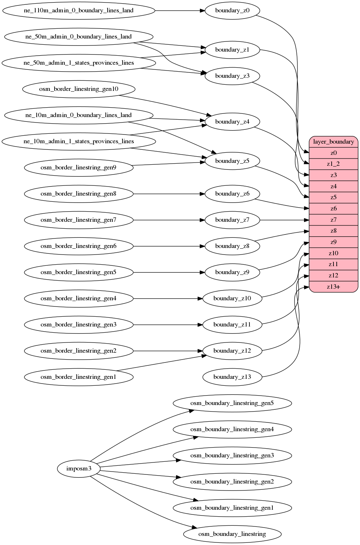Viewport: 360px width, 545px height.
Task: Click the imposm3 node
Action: [x=79, y=469]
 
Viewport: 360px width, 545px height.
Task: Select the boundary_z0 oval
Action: [x=232, y=11]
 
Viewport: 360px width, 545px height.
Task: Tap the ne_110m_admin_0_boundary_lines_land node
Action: [x=79, y=11]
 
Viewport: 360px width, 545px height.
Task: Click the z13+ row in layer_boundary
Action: [x=333, y=287]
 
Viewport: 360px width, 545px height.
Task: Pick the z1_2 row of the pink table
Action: [x=333, y=164]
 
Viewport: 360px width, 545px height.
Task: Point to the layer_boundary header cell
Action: [x=333, y=142]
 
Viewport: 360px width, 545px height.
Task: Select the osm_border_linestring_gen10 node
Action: [x=79, y=89]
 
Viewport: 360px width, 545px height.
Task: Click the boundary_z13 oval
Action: [x=232, y=377]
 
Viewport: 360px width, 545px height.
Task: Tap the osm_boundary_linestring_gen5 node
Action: [x=232, y=403]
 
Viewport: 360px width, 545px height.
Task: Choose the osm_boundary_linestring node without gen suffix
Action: [x=232, y=534]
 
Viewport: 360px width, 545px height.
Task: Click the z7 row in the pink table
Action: [x=333, y=220]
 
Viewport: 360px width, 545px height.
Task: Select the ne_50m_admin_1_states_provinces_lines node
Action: [x=79, y=63]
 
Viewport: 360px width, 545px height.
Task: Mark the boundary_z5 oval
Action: [x=232, y=161]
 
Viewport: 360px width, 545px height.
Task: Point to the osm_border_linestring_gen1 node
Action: [x=79, y=377]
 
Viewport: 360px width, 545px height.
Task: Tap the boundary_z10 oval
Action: [x=232, y=298]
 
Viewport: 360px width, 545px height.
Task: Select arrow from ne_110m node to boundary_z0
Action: [x=180, y=11]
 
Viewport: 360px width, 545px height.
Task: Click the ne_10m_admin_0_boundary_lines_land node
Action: [x=79, y=115]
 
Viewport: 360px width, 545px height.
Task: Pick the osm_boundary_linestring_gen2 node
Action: [x=232, y=482]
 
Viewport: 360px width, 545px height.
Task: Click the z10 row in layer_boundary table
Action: [x=333, y=253]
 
